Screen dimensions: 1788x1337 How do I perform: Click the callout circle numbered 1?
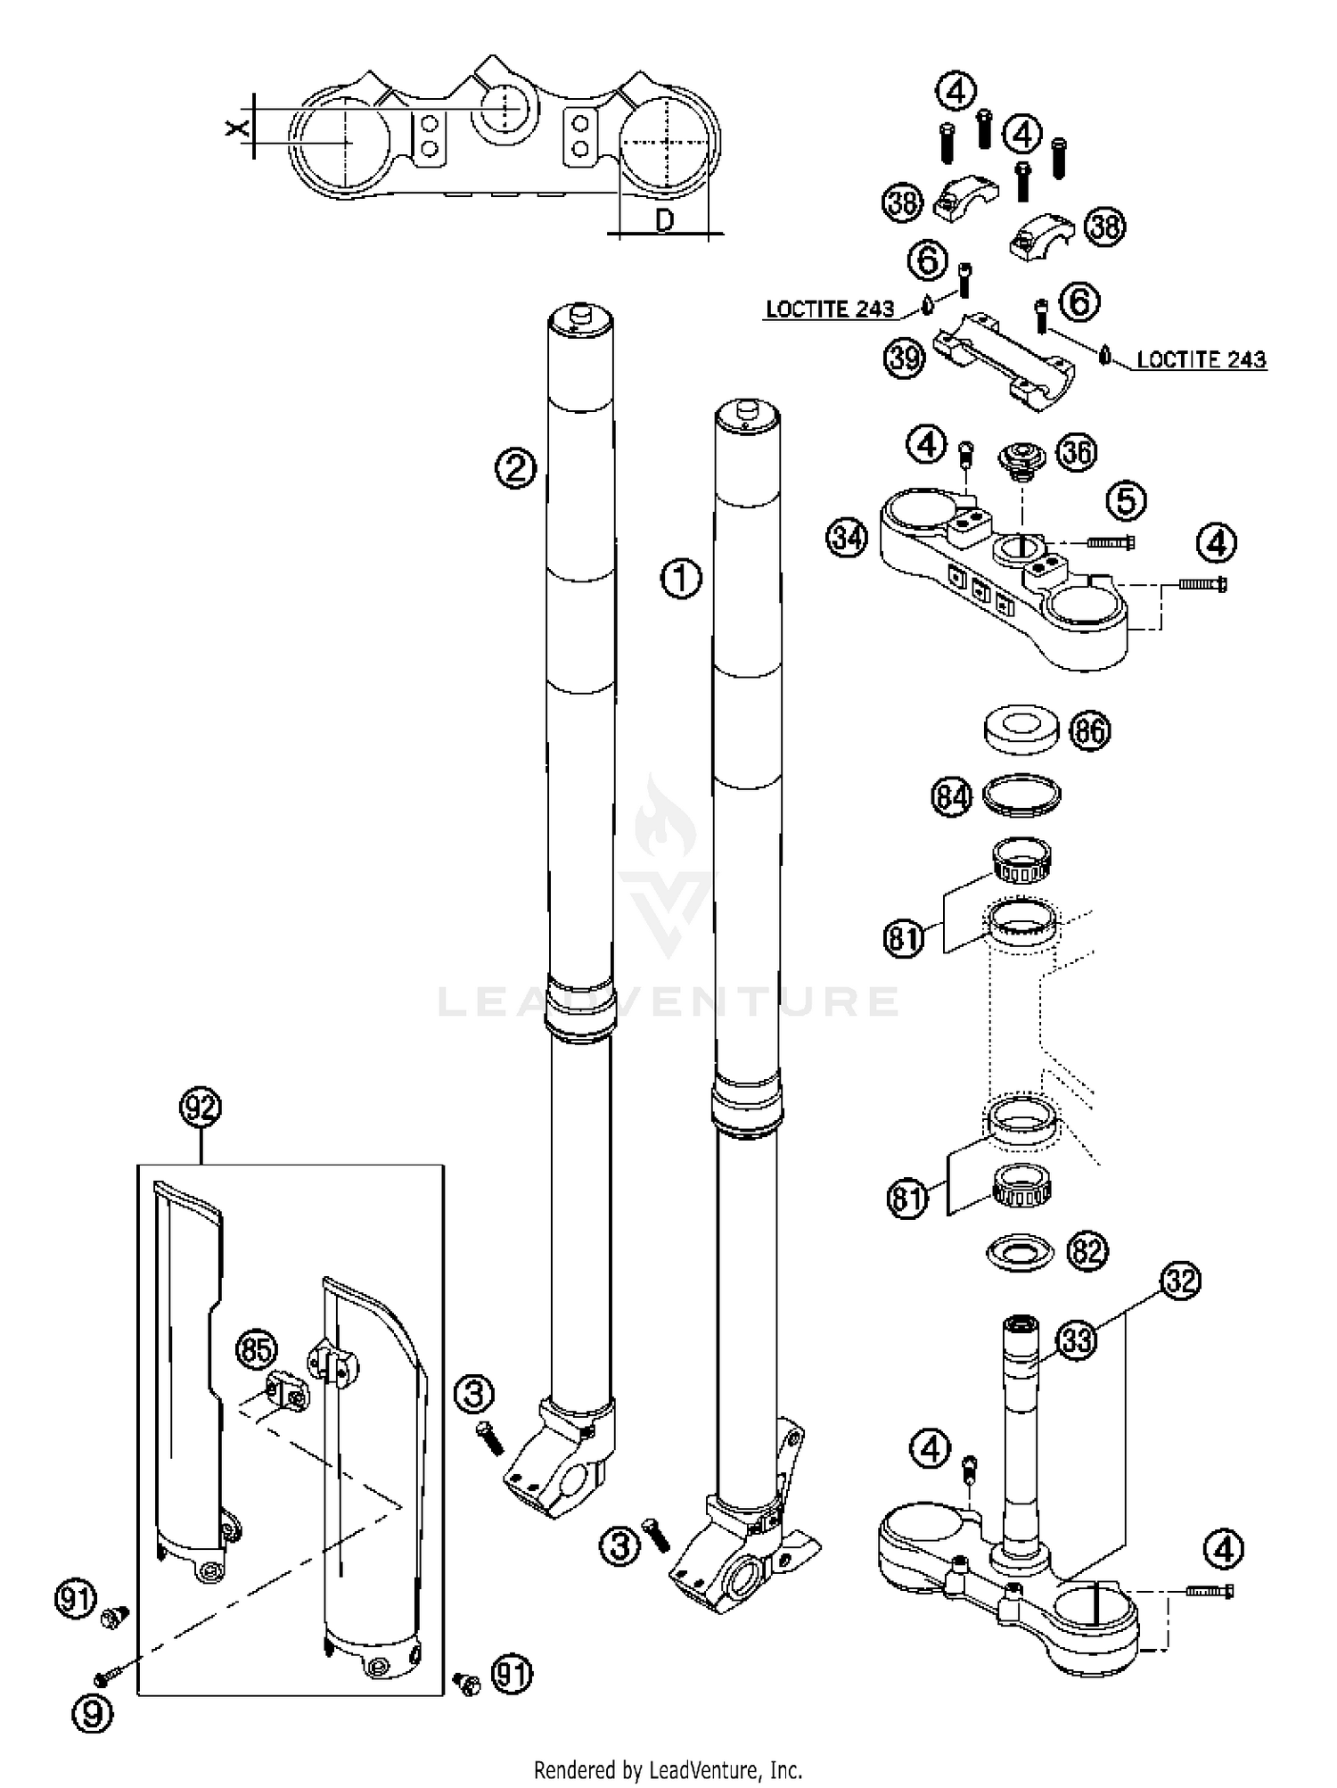pyautogui.click(x=681, y=579)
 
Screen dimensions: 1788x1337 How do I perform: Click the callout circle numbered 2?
pyautogui.click(x=516, y=468)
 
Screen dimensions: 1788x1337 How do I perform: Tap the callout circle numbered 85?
pyautogui.click(x=257, y=1350)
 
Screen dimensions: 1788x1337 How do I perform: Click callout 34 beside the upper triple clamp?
pyautogui.click(x=847, y=538)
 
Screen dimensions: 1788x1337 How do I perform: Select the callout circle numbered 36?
pyautogui.click(x=1077, y=453)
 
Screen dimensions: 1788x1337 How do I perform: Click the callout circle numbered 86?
pyautogui.click(x=1090, y=731)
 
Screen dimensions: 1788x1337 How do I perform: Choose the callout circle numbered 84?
pyautogui.click(x=951, y=795)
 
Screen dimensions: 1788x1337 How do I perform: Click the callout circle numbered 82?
pyautogui.click(x=1087, y=1251)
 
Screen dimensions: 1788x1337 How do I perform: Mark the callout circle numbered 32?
pyautogui.click(x=1181, y=1281)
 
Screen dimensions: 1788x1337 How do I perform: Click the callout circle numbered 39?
pyautogui.click(x=904, y=358)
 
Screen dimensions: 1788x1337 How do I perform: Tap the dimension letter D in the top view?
pyautogui.click(x=664, y=220)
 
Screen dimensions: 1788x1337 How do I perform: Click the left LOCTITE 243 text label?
pyautogui.click(x=830, y=309)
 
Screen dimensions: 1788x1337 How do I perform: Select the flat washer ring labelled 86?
pyautogui.click(x=1021, y=727)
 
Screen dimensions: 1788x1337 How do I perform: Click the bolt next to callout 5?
pyautogui.click(x=1111, y=540)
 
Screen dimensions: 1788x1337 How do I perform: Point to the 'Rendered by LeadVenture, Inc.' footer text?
pyautogui.click(x=668, y=1768)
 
